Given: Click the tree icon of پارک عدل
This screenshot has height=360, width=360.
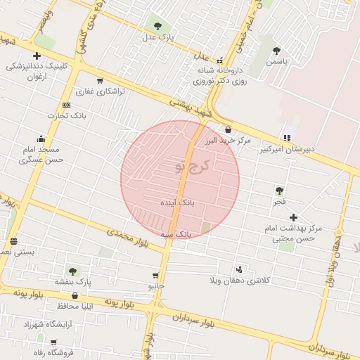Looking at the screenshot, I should tap(157, 26).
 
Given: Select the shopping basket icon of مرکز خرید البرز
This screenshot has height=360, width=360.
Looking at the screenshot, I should tap(228, 130).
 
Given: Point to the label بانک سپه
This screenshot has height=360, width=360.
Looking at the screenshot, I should tap(176, 233).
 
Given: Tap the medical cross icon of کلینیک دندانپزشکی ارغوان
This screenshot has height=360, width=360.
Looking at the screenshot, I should tap(37, 56).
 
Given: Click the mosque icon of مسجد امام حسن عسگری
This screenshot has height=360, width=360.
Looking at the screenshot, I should tap(41, 139).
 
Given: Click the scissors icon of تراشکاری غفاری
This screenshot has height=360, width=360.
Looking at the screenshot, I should tap(100, 81).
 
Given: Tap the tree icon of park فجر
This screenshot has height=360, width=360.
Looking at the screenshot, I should tap(280, 191).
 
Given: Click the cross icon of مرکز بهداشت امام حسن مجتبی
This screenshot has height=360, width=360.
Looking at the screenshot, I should tap(294, 218).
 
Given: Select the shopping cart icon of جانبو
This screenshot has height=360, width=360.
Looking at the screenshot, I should tap(155, 276).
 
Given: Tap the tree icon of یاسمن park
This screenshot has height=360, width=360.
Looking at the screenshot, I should tap(276, 51).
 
